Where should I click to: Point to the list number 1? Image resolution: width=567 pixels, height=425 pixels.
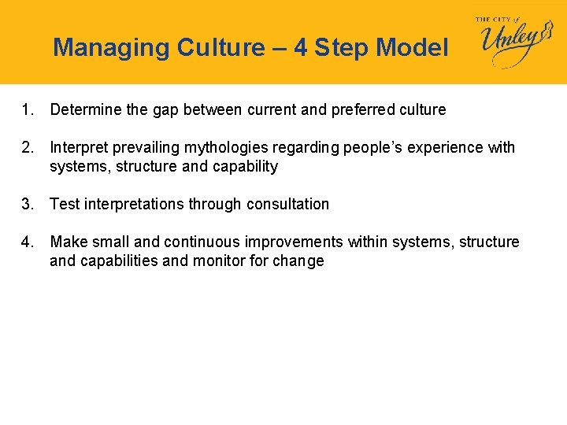click(x=28, y=109)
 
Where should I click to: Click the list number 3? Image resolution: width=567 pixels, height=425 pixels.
click(x=28, y=204)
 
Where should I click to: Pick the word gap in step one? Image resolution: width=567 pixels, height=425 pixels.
click(x=165, y=109)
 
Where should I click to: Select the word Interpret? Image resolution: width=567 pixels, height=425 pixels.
click(x=76, y=147)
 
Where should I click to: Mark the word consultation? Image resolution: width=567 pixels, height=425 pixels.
click(x=287, y=204)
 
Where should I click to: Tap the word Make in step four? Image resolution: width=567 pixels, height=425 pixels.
click(x=66, y=242)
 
